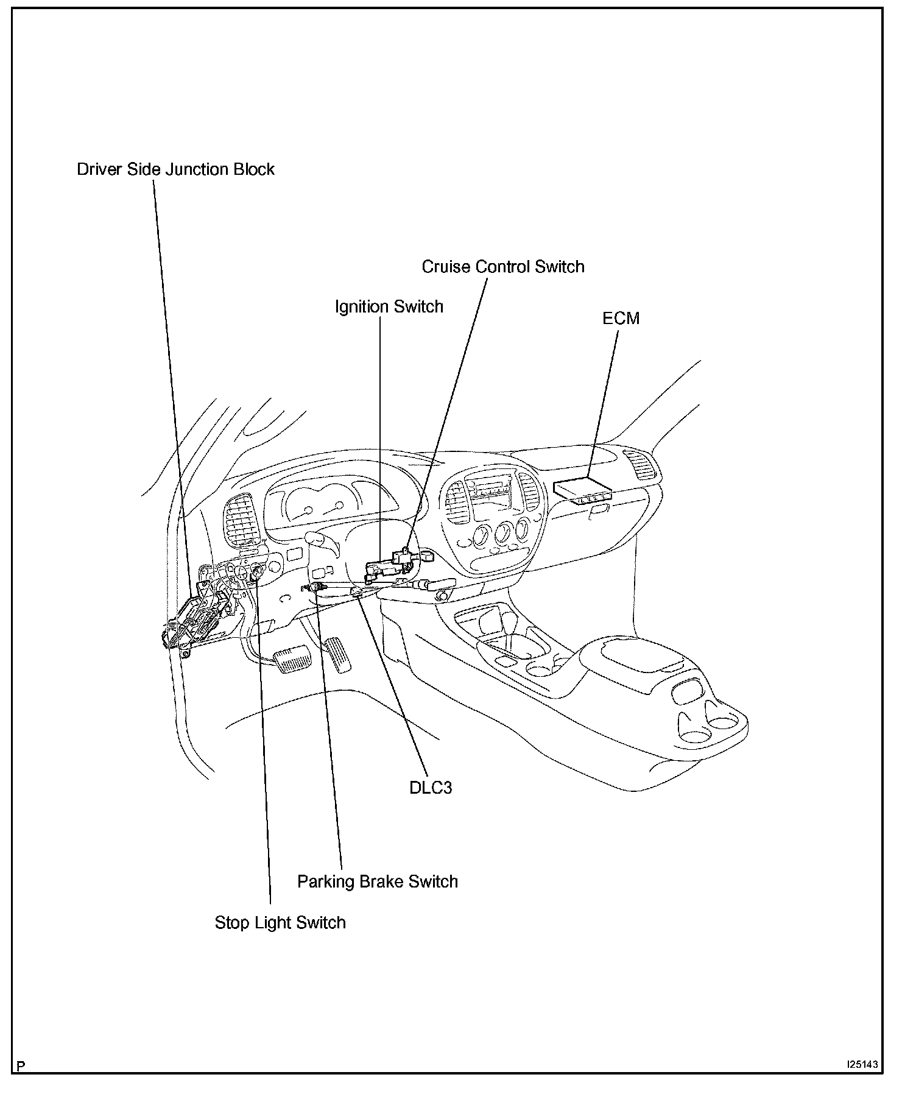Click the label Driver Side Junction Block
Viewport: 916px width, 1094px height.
click(175, 169)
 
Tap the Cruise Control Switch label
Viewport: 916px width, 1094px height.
click(502, 267)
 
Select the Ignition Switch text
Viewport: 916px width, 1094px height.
click(389, 306)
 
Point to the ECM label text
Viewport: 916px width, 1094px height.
click(621, 319)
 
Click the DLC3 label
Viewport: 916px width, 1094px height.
click(430, 788)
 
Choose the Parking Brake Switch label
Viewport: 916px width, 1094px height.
click(377, 881)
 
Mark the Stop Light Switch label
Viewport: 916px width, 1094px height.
click(280, 922)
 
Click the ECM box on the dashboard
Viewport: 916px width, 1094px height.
click(583, 489)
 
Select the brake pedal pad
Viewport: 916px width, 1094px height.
click(292, 660)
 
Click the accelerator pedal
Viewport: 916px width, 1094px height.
click(338, 654)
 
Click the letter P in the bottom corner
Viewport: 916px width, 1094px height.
click(21, 1066)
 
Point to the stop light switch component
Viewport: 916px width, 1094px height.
click(258, 573)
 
